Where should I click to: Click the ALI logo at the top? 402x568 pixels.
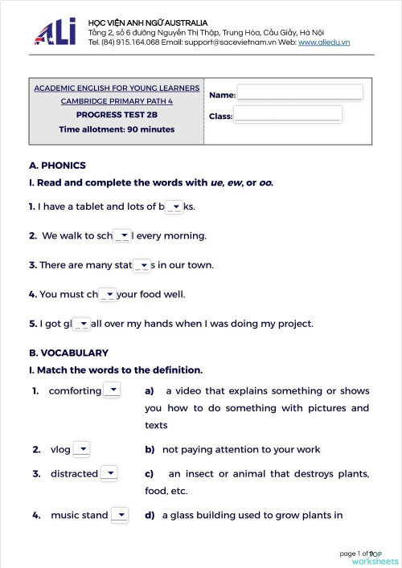pyautogui.click(x=55, y=31)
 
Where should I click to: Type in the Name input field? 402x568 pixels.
pyautogui.click(x=300, y=93)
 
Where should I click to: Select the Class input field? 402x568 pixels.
pyautogui.click(x=287, y=114)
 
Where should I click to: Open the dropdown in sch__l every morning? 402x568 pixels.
pyautogui.click(x=122, y=236)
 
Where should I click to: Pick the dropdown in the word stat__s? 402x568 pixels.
pyautogui.click(x=142, y=265)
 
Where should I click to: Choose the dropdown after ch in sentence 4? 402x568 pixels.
pyautogui.click(x=108, y=295)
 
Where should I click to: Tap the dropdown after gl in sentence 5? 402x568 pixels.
pyautogui.click(x=82, y=324)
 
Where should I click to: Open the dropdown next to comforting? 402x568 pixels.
pyautogui.click(x=113, y=390)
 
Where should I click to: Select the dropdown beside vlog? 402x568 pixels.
pyautogui.click(x=81, y=450)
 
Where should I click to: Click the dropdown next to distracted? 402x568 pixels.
pyautogui.click(x=109, y=473)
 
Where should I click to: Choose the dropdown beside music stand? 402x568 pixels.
pyautogui.click(x=119, y=515)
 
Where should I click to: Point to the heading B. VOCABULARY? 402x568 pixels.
pyautogui.click(x=68, y=353)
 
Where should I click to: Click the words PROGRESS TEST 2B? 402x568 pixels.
pyautogui.click(x=115, y=115)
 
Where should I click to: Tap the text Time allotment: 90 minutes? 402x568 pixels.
pyautogui.click(x=115, y=129)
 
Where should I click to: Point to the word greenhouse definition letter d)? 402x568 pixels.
pyautogui.click(x=150, y=515)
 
